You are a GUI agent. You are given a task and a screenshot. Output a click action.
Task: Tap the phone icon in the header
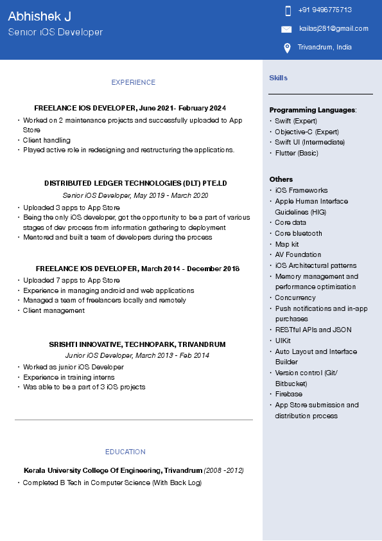pyautogui.click(x=288, y=10)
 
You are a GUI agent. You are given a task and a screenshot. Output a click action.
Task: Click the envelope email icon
pyautogui.click(x=286, y=29)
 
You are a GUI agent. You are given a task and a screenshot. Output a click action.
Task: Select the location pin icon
pyautogui.click(x=287, y=48)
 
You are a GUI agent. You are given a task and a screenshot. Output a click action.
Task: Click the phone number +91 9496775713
pyautogui.click(x=325, y=10)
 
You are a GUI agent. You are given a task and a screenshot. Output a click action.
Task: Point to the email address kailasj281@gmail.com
pyautogui.click(x=333, y=28)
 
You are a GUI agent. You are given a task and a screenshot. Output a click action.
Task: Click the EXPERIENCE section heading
pyautogui.click(x=133, y=82)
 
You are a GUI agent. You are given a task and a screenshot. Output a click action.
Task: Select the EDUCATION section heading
pyautogui.click(x=125, y=452)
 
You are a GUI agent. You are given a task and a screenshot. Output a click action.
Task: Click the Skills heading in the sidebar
pyautogui.click(x=278, y=78)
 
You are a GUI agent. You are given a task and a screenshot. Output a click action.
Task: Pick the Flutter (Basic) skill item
pyautogui.click(x=296, y=153)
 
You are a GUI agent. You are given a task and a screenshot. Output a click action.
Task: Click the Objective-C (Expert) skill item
pyautogui.click(x=306, y=132)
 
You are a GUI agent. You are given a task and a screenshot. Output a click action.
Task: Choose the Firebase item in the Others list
pyautogui.click(x=288, y=394)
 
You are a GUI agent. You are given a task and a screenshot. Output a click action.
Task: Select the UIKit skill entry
pyautogui.click(x=282, y=341)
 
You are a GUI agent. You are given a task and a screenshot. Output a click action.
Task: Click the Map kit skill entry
pyautogui.click(x=286, y=244)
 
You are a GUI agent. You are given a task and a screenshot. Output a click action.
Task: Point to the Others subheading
pyautogui.click(x=281, y=179)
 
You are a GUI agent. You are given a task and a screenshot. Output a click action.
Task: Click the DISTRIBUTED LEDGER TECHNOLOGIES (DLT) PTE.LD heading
pyautogui.click(x=135, y=183)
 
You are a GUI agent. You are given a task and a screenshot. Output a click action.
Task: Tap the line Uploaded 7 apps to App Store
pyautogui.click(x=71, y=280)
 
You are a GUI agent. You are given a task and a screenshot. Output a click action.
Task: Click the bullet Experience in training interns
pyautogui.click(x=69, y=377)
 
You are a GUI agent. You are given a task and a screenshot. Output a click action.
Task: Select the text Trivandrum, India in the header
pyautogui.click(x=324, y=47)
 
